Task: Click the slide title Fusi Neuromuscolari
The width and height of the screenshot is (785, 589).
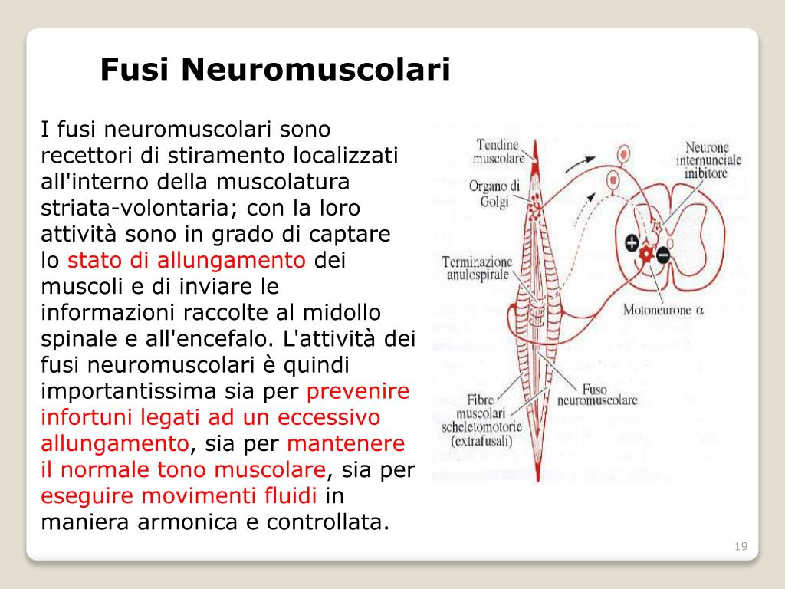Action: pyautogui.click(x=274, y=71)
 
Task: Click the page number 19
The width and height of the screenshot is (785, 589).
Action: pyautogui.click(x=741, y=546)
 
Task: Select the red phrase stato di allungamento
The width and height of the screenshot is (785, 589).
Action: pyautogui.click(x=186, y=260)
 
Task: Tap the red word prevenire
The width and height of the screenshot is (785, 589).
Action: pyautogui.click(x=358, y=391)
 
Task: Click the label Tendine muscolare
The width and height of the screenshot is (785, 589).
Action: pyautogui.click(x=499, y=151)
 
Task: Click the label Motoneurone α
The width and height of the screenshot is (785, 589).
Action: pyautogui.click(x=663, y=311)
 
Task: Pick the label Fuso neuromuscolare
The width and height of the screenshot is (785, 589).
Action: pyautogui.click(x=597, y=394)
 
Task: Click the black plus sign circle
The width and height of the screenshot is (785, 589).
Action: pyautogui.click(x=632, y=244)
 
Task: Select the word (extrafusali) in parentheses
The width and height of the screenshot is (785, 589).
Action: pyautogui.click(x=483, y=441)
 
